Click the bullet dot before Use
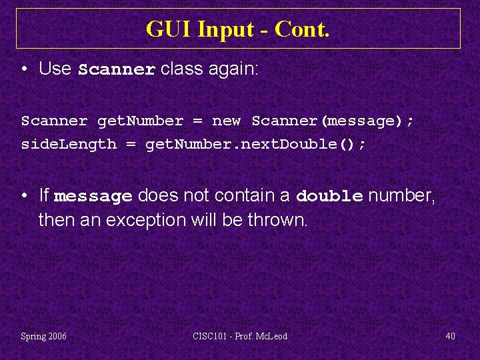click(25, 69)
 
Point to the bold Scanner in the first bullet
click(117, 69)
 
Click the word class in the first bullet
click(179, 69)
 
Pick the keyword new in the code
click(226, 121)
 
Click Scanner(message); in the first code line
click(333, 121)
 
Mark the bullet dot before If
click(25, 196)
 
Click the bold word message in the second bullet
click(93, 197)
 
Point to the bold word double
click(329, 197)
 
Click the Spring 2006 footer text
click(44, 336)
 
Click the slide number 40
click(450, 336)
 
